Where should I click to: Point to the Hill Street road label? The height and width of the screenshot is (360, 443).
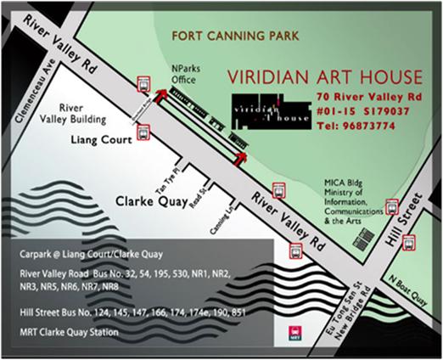click(x=410, y=220)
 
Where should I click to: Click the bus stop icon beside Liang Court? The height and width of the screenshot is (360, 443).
click(x=143, y=132)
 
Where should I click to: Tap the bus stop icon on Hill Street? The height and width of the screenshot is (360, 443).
click(x=391, y=205)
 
